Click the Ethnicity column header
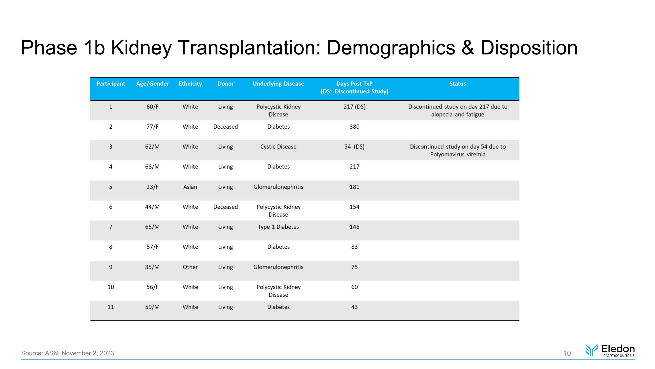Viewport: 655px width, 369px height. [x=190, y=84]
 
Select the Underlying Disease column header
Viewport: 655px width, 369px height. [x=278, y=84]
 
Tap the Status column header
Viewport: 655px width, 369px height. [x=457, y=84]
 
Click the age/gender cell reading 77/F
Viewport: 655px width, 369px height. [x=152, y=127]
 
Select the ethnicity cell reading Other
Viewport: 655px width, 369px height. [x=190, y=267]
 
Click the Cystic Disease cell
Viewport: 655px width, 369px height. [x=278, y=147]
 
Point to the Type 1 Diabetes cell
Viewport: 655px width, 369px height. [x=278, y=227]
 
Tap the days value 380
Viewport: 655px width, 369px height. [x=354, y=127]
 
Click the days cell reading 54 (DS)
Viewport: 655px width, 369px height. [x=354, y=147]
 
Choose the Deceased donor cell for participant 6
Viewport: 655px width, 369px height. [x=225, y=207]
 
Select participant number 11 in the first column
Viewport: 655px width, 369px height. [x=111, y=307]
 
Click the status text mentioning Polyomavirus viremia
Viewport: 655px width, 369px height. [x=457, y=150]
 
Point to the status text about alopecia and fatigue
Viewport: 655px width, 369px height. [x=457, y=110]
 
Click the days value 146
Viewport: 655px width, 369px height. [x=354, y=227]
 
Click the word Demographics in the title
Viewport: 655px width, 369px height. [x=391, y=48]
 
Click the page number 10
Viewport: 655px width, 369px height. [x=567, y=353]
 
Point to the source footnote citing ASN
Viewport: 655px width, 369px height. [x=68, y=353]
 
